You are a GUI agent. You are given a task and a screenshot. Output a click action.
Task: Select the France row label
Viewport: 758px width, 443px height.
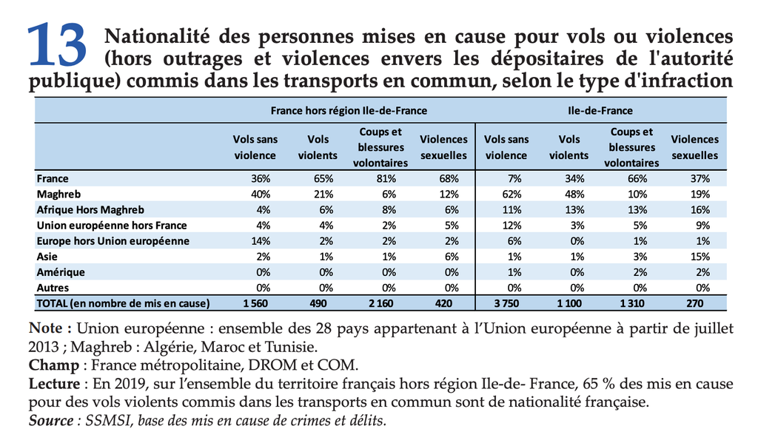[52, 178]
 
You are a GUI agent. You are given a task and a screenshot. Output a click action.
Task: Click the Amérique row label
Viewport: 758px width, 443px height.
[60, 271]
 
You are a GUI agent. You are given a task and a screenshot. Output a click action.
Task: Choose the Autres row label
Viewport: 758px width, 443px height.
[53, 287]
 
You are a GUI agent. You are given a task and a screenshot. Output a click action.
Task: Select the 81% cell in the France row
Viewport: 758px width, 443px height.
[387, 178]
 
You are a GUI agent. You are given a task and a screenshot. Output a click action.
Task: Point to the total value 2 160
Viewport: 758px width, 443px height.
[384, 303]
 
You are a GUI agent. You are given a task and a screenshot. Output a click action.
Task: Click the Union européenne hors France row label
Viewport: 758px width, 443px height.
[112, 225]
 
